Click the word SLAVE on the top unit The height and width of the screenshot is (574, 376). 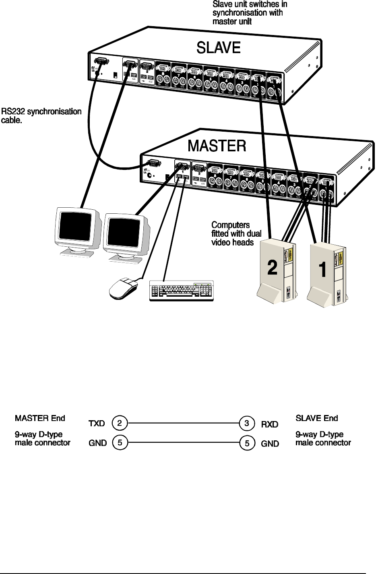(218, 48)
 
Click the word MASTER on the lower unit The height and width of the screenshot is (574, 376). (217, 146)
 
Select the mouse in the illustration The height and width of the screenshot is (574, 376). (123, 287)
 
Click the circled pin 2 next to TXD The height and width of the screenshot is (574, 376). (120, 423)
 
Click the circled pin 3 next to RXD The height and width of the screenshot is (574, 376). (247, 423)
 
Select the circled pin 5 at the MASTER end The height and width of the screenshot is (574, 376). (120, 443)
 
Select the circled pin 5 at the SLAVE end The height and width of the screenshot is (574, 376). (247, 443)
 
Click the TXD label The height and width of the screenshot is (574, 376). (97, 423)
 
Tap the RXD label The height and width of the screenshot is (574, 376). (270, 424)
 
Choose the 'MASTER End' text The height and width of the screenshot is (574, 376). (40, 418)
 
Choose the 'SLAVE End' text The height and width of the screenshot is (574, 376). (317, 418)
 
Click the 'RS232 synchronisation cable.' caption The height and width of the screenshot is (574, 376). (41, 116)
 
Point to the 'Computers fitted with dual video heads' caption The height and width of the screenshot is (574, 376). (236, 233)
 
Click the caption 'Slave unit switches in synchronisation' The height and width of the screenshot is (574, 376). (250, 13)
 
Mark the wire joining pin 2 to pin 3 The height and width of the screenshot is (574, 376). (183, 423)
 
